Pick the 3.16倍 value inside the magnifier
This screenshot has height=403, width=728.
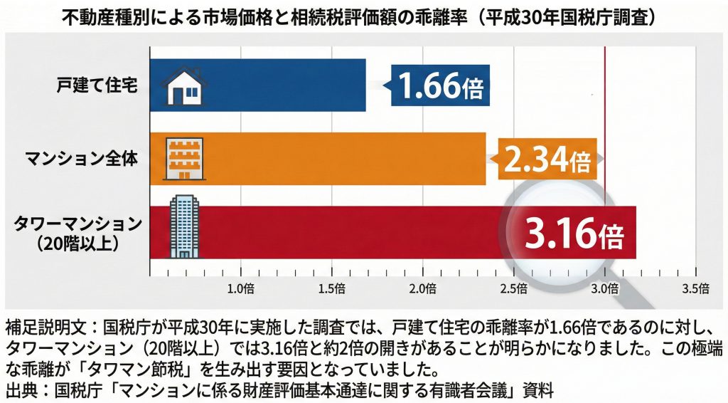pos(575,233)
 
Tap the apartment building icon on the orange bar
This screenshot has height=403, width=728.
pos(181,158)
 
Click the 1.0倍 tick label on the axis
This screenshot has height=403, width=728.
pos(241,288)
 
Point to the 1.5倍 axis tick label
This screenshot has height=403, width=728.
pos(332,288)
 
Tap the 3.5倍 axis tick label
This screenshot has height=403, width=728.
pos(695,288)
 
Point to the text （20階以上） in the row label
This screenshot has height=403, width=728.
pos(79,244)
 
